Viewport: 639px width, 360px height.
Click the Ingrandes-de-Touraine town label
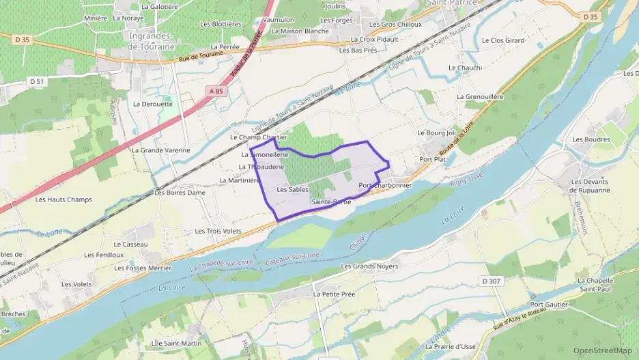point(152,41)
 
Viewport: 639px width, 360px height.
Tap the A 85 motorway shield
point(216,91)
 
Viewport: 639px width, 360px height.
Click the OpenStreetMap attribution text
point(602,351)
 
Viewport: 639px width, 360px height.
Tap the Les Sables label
point(292,189)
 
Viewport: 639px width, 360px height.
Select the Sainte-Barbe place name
point(331,202)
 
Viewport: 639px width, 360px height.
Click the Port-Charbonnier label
point(385,185)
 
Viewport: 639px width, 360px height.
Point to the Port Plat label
point(432,159)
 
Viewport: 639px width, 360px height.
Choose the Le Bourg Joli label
point(436,133)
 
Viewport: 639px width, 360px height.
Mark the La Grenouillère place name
point(480,97)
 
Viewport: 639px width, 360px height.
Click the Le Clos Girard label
point(503,40)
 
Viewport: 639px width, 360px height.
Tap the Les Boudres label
point(591,139)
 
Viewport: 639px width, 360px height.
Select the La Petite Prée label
point(335,294)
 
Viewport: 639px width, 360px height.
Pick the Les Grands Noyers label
point(369,266)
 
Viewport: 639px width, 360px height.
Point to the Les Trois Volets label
point(218,231)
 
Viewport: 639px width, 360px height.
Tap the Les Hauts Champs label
point(63,199)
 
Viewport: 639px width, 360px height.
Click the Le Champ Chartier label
point(258,137)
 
